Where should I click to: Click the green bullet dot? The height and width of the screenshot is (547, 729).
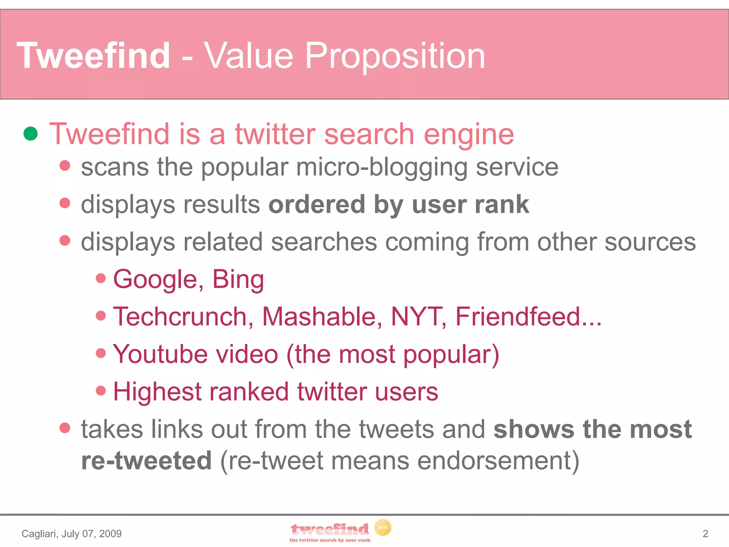coord(31,134)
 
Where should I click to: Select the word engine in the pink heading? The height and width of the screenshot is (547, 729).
coord(469,134)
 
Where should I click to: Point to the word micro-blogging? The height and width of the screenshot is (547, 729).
coord(381,167)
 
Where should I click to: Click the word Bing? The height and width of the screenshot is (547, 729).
coord(238,279)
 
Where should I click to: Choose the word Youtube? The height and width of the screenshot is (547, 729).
coord(160,354)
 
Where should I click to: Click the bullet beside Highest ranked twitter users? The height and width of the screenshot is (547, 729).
coord(101,390)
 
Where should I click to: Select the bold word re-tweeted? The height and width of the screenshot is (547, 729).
coord(146,460)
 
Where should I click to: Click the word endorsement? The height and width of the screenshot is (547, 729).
coord(498,460)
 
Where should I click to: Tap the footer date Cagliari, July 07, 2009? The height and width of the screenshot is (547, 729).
coord(72,533)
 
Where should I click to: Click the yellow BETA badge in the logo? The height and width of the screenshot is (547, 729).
coord(383,527)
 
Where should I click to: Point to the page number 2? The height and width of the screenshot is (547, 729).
coord(705,533)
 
